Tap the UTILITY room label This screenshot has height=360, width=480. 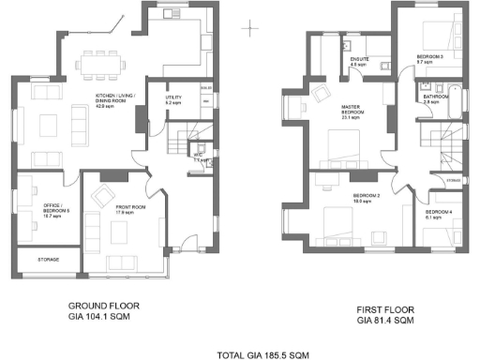[173, 99]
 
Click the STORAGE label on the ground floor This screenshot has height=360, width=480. [49, 259]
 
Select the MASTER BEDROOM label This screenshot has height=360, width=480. [352, 112]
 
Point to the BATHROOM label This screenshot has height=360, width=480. [435, 98]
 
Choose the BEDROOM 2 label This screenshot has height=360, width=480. [366, 197]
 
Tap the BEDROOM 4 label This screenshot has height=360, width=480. [438, 214]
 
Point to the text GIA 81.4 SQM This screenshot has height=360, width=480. [386, 321]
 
